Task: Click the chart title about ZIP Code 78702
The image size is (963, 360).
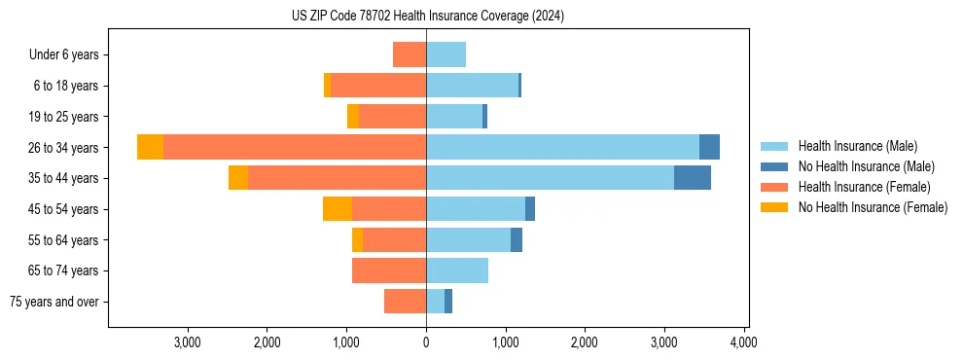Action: point(427,17)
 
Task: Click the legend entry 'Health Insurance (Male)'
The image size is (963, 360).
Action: point(857,146)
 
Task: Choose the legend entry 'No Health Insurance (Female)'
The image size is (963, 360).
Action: point(873,207)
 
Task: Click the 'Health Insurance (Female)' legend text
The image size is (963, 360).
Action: point(865,187)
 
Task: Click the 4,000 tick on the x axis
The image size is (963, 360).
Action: point(744,342)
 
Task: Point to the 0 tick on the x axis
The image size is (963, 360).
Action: point(426,342)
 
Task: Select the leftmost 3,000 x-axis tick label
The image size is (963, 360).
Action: point(187,342)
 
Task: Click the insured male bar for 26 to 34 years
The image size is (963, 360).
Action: point(562,147)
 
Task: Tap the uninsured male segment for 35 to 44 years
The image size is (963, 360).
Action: point(692,178)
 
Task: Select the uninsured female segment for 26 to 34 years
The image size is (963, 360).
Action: point(150,147)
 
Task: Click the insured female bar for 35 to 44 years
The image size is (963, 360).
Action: point(337,178)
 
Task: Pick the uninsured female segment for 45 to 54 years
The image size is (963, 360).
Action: point(338,209)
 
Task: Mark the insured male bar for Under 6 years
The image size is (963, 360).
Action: point(446,54)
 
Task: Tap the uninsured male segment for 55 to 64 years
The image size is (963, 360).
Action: point(517,239)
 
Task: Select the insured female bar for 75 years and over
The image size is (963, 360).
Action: point(405,302)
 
